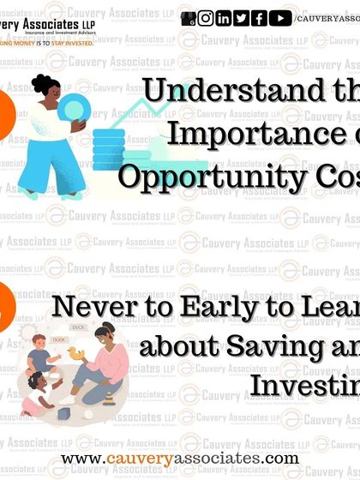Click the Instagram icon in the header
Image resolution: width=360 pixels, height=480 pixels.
(206, 18)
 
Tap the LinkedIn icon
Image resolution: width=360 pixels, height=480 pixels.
(224, 18)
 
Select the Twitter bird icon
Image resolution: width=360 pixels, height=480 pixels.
(242, 18)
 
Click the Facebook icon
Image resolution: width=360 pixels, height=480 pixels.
(260, 18)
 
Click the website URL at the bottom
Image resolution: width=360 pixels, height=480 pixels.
(180, 459)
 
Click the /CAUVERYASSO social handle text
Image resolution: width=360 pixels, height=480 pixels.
(327, 18)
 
